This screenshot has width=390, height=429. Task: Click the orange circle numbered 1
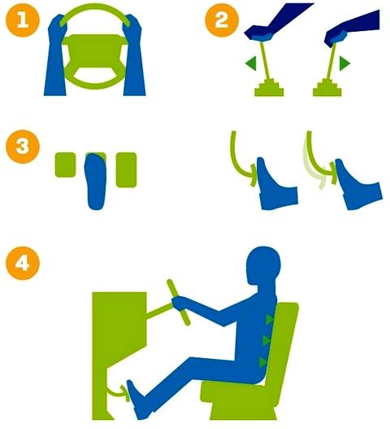click(23, 20)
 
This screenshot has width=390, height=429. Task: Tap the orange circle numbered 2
click(222, 20)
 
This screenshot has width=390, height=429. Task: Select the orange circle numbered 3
click(23, 147)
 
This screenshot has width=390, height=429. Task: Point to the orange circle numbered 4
click(23, 263)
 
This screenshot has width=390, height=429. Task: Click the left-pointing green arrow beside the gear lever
click(250, 63)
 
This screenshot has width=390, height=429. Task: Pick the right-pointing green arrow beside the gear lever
click(344, 63)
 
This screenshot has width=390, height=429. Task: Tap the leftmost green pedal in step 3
click(65, 164)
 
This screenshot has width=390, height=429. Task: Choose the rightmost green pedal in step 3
click(126, 169)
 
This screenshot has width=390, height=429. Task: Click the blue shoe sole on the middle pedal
click(96, 182)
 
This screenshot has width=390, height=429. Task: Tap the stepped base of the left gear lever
click(269, 88)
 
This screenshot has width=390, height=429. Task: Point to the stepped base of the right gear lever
click(327, 88)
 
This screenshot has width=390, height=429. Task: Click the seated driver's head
click(263, 265)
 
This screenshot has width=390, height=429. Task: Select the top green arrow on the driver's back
click(270, 320)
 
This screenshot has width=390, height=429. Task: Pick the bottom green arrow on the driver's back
click(262, 362)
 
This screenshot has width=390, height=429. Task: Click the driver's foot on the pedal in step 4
click(139, 400)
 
